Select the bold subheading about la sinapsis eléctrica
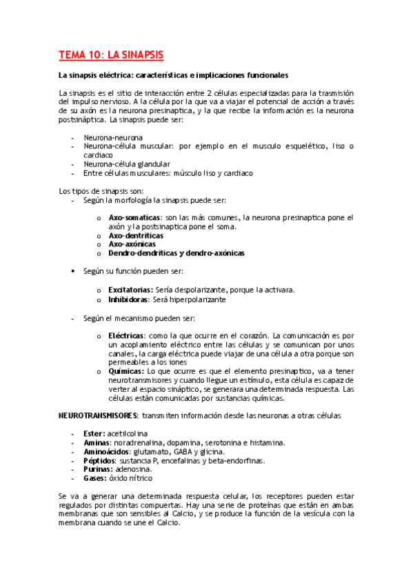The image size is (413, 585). point(173,75)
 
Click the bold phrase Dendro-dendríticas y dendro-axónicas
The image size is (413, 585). point(177,253)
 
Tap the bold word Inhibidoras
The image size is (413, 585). point(130,299)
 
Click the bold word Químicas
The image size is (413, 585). point(125,370)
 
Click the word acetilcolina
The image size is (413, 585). point(130,433)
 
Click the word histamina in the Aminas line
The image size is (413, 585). point(265,442)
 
